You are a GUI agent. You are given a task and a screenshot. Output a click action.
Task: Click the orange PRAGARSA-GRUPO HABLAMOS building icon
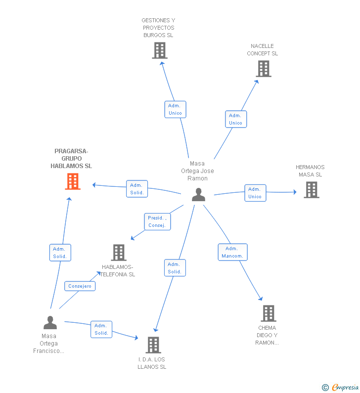73,182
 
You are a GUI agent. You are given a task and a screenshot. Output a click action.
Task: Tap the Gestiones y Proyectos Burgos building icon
159,50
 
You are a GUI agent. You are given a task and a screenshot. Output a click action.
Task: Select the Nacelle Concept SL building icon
264,69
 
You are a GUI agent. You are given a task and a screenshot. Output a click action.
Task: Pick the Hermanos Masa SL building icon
311,190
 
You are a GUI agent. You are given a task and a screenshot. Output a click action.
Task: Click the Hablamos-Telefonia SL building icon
119,253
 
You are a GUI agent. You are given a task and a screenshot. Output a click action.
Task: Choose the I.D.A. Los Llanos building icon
153,345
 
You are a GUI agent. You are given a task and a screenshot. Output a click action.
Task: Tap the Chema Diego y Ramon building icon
268,313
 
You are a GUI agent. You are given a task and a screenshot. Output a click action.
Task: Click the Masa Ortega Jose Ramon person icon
198,195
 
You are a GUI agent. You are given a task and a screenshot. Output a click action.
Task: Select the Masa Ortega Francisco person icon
50,323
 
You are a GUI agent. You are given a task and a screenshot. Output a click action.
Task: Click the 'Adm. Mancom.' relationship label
232,252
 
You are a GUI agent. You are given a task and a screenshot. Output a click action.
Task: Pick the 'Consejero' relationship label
80,286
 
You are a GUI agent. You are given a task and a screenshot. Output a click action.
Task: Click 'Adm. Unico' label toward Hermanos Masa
255,193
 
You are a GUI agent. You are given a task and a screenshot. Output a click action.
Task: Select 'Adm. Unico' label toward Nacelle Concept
235,119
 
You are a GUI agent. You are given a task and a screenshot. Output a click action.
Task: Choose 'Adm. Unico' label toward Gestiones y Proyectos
175,109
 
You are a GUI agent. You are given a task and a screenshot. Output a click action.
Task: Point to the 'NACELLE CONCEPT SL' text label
262,50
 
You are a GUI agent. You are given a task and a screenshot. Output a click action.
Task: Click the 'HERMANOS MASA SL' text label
310,171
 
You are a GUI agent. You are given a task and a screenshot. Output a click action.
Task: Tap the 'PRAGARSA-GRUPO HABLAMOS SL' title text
71,159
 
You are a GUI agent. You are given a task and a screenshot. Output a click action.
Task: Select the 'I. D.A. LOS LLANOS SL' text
152,363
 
